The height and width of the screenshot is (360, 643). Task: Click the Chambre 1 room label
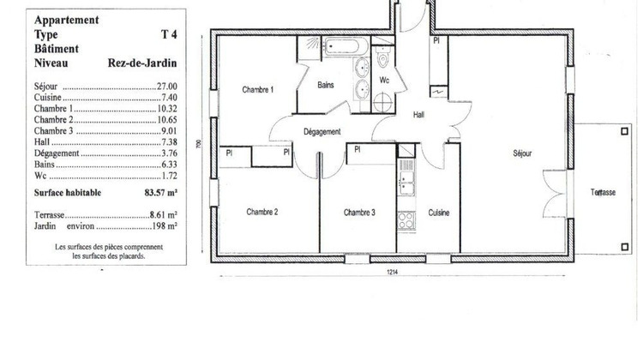(x=257, y=90)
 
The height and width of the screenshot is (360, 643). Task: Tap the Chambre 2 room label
(x=262, y=212)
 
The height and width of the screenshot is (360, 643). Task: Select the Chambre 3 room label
(x=360, y=212)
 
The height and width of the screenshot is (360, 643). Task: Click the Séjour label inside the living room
(x=522, y=153)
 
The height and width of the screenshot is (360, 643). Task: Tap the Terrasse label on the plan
(x=603, y=193)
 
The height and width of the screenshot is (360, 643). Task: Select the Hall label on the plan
(x=419, y=114)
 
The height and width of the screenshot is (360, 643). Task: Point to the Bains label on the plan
(x=325, y=86)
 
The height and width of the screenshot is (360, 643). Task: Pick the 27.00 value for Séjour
(x=165, y=87)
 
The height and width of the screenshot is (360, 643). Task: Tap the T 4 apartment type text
(x=169, y=34)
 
